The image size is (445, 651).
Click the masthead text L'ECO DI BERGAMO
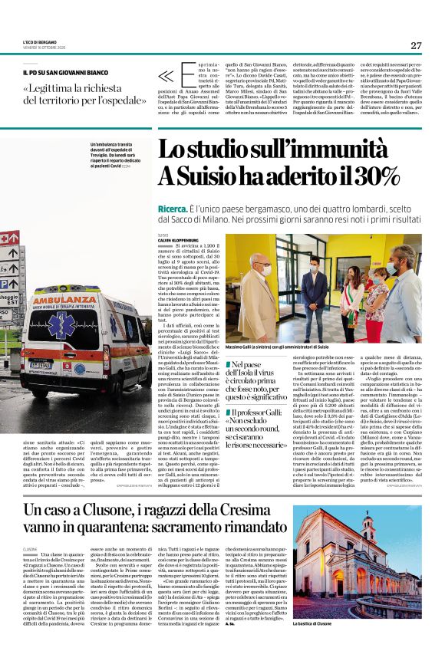click(x=39, y=41)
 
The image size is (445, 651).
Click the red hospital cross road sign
click(x=10, y=238)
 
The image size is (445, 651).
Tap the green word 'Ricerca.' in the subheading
click(x=176, y=209)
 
